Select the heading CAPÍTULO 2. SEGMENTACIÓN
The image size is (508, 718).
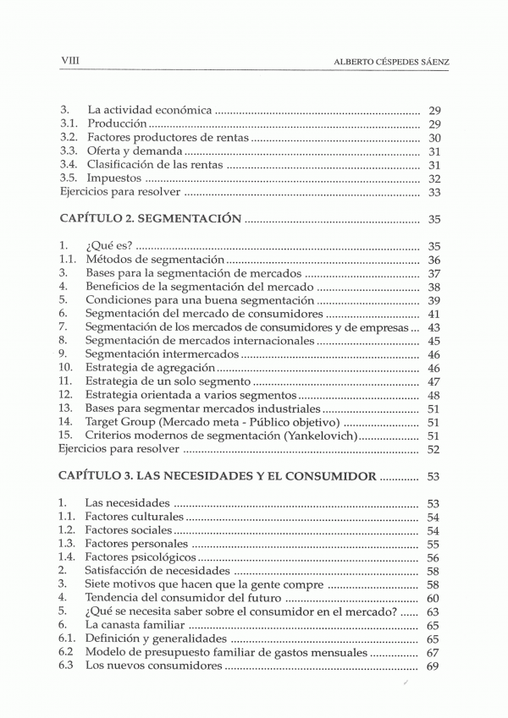point(151,218)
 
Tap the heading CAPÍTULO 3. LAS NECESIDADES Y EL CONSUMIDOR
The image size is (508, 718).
point(218,476)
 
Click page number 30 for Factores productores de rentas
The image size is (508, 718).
point(435,138)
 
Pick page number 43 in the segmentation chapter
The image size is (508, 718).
point(435,327)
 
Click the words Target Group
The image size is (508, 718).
point(120,422)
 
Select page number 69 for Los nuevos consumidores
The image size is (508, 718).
point(435,666)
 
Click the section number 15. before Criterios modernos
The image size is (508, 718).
point(67,436)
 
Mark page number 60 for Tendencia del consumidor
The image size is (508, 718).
point(435,598)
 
